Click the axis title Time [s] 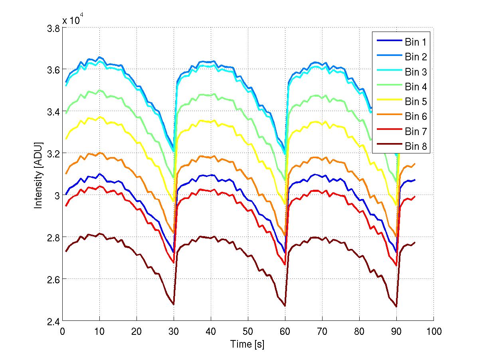pyautogui.click(x=247, y=344)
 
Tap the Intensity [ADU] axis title pyautogui.click(x=38, y=175)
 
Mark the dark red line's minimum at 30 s pyautogui.click(x=174, y=304)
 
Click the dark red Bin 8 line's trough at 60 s pyautogui.click(x=285, y=306)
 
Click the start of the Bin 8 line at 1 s pyautogui.click(x=66, y=251)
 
